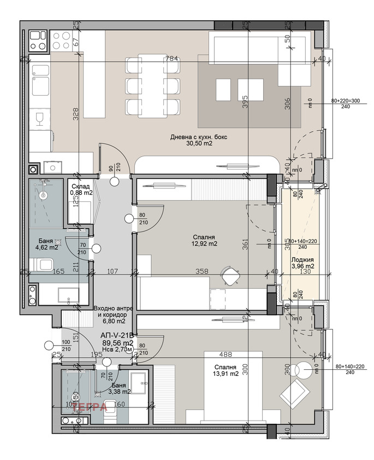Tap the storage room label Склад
click(81, 186)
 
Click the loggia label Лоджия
click(302, 261)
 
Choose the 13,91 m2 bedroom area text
click(225, 374)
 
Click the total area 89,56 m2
click(118, 343)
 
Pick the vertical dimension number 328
click(76, 113)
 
